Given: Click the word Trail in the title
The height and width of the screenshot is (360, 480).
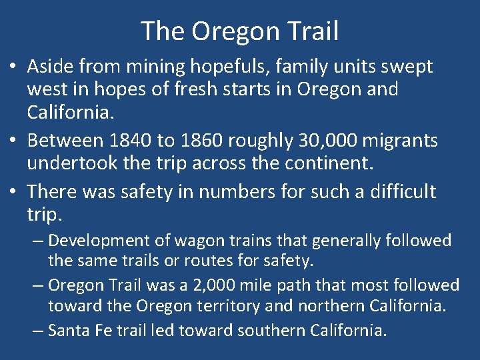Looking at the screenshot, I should [312, 31].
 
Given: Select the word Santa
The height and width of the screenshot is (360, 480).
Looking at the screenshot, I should [67, 330].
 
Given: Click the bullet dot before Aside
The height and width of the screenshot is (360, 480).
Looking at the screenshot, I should [14, 67].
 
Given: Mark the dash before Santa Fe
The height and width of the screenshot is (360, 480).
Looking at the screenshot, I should [37, 330].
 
